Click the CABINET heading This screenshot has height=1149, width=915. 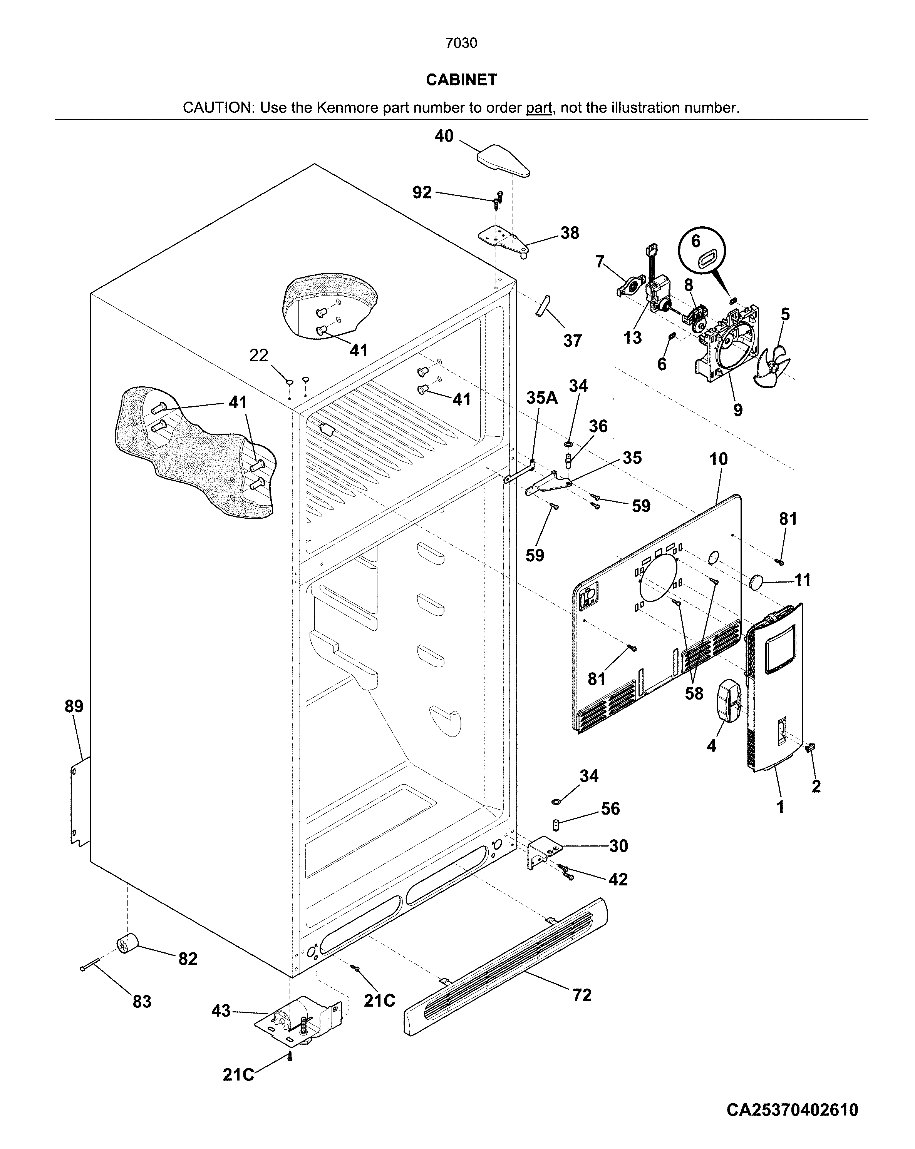[x=461, y=80]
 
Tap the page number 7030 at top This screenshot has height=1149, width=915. [x=461, y=43]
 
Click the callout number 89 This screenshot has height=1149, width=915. [x=74, y=706]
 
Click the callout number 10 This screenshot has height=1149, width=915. [x=718, y=459]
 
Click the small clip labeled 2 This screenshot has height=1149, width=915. [x=810, y=748]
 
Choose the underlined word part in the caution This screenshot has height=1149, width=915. [x=538, y=108]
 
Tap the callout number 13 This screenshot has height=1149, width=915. [x=632, y=337]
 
